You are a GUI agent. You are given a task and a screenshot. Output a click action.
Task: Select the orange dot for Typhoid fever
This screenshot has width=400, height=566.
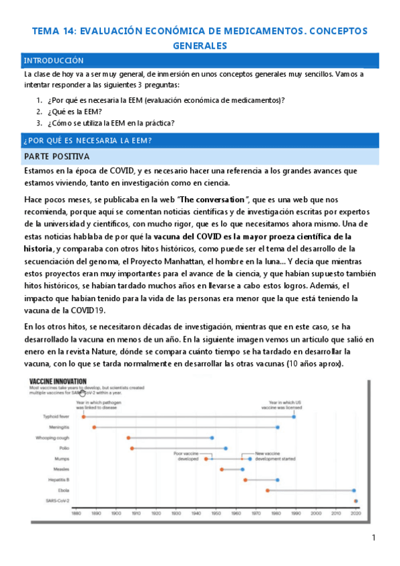[83, 416]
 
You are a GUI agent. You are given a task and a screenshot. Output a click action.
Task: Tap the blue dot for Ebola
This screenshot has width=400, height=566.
[354, 490]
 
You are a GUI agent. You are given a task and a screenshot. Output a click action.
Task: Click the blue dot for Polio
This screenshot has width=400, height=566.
[226, 448]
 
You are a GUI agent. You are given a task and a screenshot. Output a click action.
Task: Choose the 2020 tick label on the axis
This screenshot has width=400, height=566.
[355, 513]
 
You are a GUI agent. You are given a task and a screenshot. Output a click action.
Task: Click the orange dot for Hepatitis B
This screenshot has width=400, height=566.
[246, 479]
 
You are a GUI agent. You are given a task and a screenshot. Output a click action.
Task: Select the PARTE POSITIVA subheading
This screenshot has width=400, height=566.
[52, 157]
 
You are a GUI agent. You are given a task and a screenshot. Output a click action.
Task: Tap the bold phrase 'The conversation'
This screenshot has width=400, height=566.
[210, 200]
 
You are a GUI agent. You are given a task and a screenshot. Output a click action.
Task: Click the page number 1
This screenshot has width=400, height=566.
[374, 538]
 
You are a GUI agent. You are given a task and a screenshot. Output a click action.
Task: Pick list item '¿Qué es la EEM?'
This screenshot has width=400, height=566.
[78, 111]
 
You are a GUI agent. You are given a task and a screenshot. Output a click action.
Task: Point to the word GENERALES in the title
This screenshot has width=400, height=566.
[200, 45]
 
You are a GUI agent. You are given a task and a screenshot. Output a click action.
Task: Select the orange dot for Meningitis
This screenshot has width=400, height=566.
[94, 427]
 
